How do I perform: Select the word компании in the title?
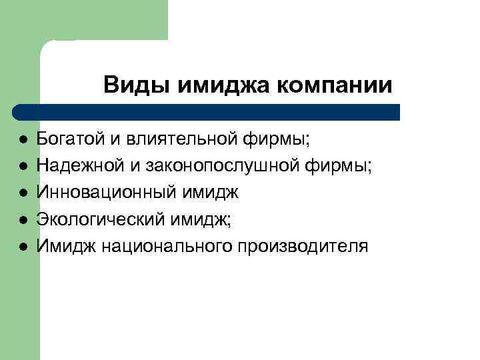(x=334, y=85)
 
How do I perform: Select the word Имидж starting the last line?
(x=65, y=246)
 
